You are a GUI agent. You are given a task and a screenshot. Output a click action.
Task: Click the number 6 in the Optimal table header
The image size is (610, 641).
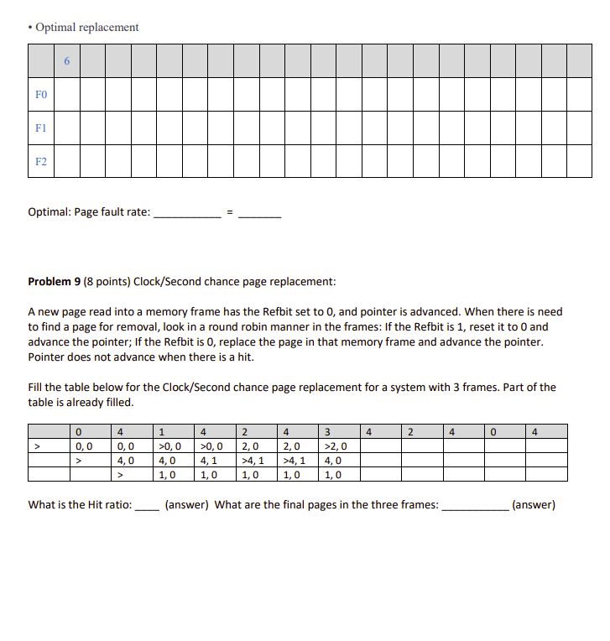pyautogui.click(x=67, y=61)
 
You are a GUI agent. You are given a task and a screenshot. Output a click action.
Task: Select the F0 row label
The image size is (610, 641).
pyautogui.click(x=41, y=96)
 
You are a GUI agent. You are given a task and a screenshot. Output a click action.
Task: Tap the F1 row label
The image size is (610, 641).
pyautogui.click(x=41, y=128)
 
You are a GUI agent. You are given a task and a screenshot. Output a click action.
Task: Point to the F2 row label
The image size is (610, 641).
pyautogui.click(x=41, y=161)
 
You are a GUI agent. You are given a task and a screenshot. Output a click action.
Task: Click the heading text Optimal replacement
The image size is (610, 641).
pyautogui.click(x=86, y=27)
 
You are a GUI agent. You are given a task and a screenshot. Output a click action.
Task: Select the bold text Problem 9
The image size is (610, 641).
pyautogui.click(x=54, y=281)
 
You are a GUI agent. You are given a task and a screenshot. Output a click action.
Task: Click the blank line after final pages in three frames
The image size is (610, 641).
pyautogui.click(x=474, y=507)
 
